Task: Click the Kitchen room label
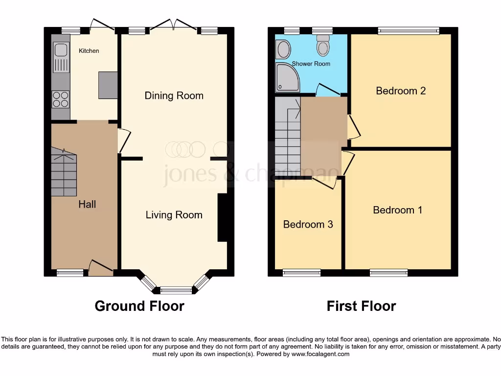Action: click(x=89, y=51)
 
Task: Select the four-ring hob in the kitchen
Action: click(x=61, y=99)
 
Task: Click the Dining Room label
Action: click(x=174, y=95)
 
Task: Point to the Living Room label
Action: click(x=174, y=215)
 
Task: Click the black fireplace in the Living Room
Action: click(x=222, y=217)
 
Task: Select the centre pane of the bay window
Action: click(x=176, y=290)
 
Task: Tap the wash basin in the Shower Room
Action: click(x=283, y=49)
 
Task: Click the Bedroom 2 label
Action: click(x=401, y=91)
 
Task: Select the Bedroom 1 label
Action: click(x=397, y=210)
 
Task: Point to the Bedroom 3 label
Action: click(x=308, y=225)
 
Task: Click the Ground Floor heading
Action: click(x=139, y=306)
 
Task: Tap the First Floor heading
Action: click(x=361, y=306)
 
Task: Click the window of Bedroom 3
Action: click(x=302, y=273)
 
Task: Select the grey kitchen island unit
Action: click(x=108, y=85)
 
